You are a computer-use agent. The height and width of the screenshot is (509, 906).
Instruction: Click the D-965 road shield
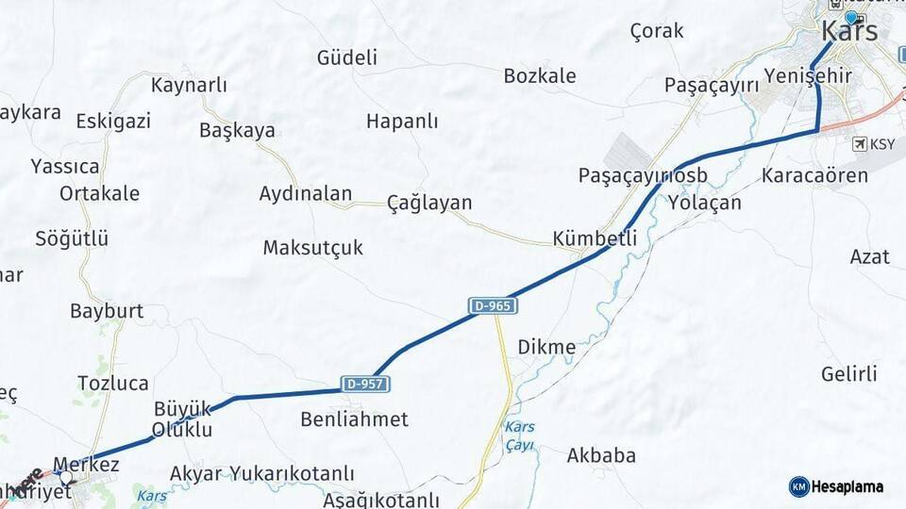click(493, 306)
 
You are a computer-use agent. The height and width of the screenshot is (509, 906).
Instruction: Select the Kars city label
click(849, 31)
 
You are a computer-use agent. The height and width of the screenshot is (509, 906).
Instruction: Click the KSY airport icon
click(859, 144)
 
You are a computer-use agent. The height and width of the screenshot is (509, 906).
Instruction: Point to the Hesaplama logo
click(836, 486)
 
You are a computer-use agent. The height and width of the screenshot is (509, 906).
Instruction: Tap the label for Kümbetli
click(596, 238)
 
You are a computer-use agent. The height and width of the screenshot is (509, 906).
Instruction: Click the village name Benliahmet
click(354, 419)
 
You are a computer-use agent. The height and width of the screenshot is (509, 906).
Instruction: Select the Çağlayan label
click(429, 203)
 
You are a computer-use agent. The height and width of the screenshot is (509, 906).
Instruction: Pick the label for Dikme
click(546, 347)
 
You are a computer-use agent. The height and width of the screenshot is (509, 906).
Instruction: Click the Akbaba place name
click(601, 456)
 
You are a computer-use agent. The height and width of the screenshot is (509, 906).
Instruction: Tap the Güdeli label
click(347, 57)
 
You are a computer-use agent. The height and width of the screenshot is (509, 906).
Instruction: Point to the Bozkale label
click(540, 76)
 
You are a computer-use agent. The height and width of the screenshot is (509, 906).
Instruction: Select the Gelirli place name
click(849, 374)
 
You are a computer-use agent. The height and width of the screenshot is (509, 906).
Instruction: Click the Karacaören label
click(801, 175)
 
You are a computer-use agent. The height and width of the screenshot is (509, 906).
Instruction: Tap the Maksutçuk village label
click(312, 248)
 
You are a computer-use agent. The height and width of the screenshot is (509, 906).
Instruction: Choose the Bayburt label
click(107, 311)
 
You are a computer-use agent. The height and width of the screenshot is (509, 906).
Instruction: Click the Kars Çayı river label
click(519, 435)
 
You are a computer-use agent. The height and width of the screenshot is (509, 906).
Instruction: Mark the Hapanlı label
click(402, 122)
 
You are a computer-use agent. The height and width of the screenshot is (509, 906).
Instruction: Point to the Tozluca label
click(113, 383)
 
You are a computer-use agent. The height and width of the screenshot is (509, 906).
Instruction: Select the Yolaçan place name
click(704, 203)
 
